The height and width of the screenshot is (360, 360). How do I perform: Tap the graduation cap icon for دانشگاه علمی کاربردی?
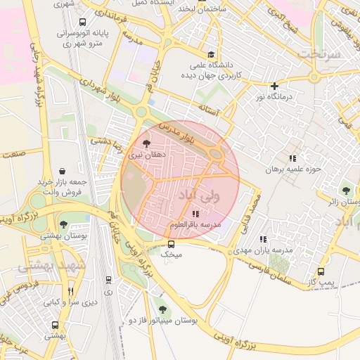point(210,54)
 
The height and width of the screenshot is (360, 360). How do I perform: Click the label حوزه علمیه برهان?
point(292,169)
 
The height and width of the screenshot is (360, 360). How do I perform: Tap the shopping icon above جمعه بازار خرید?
point(63,171)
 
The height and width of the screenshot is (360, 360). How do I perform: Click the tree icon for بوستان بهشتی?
point(63,224)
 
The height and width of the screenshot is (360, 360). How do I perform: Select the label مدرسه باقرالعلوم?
point(195,224)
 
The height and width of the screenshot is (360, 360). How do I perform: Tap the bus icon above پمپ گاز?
point(321,271)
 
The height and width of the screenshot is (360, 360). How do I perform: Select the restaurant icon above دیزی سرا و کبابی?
point(70,291)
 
